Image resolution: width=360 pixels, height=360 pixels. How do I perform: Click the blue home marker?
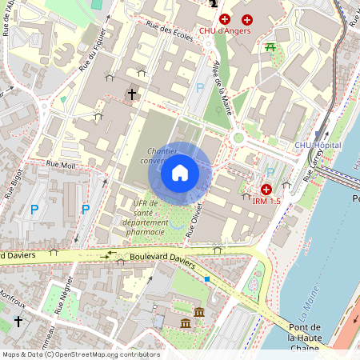(180, 173)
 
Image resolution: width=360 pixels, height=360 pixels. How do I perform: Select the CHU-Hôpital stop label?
(317, 145)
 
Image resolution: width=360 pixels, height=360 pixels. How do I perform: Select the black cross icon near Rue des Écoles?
(132, 94)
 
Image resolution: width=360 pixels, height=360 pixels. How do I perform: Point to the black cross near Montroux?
(18, 322)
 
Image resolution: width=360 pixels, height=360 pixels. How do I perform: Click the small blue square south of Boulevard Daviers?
(207, 278)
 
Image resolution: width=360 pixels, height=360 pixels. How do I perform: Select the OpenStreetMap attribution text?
(80, 354)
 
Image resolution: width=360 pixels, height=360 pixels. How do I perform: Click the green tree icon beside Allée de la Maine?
(219, 110)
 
